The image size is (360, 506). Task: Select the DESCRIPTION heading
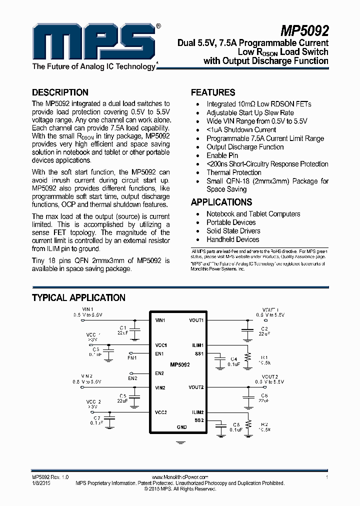60,92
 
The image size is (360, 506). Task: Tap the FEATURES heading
213,92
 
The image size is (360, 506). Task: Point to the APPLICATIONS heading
221,202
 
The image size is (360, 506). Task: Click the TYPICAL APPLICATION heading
78,298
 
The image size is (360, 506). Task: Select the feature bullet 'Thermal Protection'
234,172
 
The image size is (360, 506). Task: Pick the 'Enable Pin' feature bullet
222,155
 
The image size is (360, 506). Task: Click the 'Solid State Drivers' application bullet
233,231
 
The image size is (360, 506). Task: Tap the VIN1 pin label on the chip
160,320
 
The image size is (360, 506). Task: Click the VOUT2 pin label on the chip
196,387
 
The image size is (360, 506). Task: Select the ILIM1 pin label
197,345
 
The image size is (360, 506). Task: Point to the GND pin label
181,427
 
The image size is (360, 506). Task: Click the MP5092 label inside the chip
179,365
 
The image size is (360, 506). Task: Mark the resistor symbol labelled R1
246,357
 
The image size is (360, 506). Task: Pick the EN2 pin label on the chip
159,373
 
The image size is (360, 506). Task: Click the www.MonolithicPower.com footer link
179,477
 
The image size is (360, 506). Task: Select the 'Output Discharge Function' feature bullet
245,147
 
